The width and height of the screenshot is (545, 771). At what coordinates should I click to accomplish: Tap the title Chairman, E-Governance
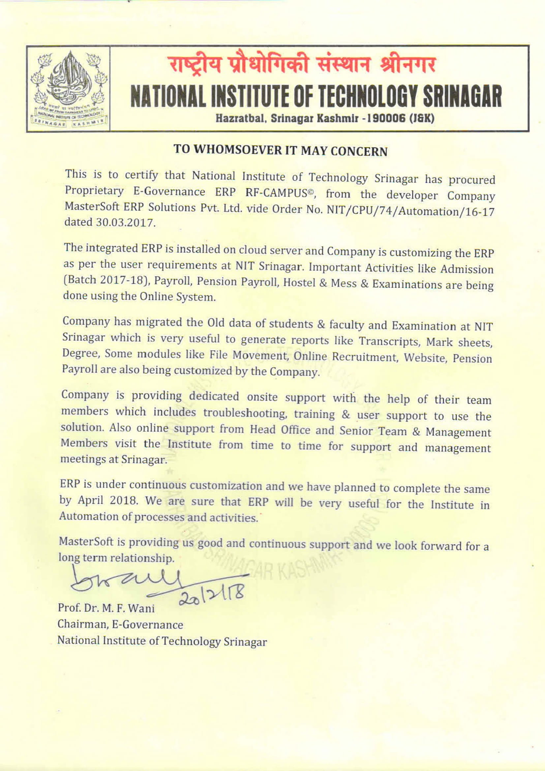coord(120,624)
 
